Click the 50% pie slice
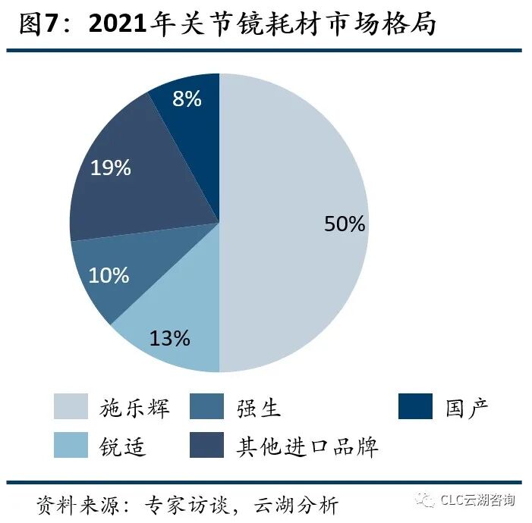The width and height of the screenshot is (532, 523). tap(296, 220)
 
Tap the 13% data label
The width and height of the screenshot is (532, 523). tap(169, 338)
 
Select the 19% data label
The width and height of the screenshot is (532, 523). tap(111, 168)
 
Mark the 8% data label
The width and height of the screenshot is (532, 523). tap(187, 99)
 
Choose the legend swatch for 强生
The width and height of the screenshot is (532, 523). tap(207, 406)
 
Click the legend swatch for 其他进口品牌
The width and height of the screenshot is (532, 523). tap(207, 445)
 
